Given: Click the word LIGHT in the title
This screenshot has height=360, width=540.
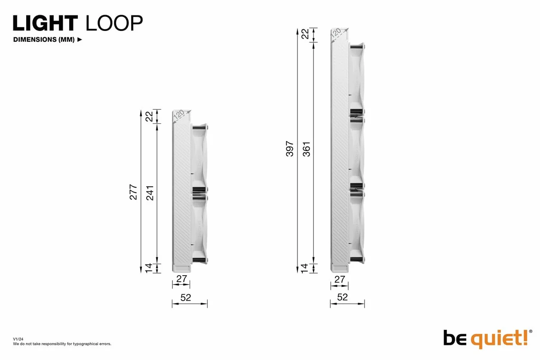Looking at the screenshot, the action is coord(45,23).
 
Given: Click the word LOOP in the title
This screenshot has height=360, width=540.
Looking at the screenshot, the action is coord(114,23).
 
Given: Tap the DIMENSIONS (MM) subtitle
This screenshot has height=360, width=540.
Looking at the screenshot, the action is coord(44,40).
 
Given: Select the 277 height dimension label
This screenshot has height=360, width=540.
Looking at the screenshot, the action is coord(133,192).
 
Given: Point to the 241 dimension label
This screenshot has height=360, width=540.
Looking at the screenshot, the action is coord(150,193).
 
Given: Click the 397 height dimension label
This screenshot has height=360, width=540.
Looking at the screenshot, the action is coord(289,149).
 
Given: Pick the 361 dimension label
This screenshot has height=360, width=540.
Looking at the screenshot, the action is coord(306,149).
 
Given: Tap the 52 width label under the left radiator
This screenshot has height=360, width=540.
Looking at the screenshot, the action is coord(186,298).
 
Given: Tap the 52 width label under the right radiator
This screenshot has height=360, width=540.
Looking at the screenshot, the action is coord(342,297).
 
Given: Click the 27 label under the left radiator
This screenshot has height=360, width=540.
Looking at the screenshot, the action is coord(181,279).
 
